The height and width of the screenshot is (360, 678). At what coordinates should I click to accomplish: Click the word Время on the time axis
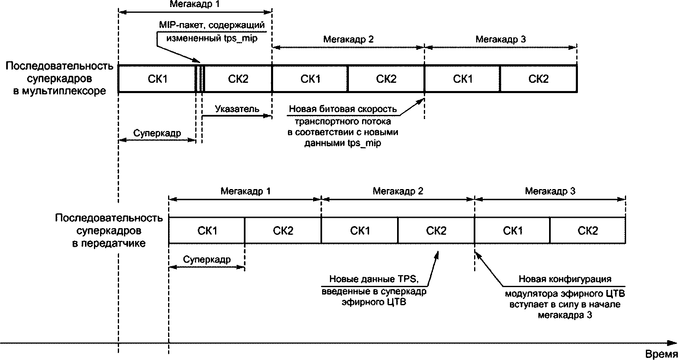pos(661,354)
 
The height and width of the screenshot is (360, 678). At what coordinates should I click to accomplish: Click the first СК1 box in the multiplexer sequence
pos(157,79)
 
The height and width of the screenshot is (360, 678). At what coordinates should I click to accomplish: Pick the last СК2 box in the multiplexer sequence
pos(538,79)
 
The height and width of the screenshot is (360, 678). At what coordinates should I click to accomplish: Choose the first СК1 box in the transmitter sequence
pos(207,231)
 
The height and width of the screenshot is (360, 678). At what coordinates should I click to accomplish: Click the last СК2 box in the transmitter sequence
pos(587,231)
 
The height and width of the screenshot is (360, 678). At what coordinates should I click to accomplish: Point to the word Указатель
pos(237,109)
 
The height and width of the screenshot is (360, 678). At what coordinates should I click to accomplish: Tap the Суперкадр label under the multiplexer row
pos(157,133)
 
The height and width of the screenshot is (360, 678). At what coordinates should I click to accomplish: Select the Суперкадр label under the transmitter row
pos(207,260)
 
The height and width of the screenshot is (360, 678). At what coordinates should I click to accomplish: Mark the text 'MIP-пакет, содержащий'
pos(211,25)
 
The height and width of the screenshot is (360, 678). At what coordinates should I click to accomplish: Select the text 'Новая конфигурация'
pos(564,279)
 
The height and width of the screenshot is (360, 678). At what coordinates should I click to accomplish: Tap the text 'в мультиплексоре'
pos(59,91)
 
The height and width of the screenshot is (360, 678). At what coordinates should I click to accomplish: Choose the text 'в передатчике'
pos(109,243)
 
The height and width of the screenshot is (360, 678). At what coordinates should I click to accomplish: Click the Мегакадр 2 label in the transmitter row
pos(397,191)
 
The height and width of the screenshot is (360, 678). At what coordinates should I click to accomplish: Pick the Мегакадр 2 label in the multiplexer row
pos(348,40)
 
